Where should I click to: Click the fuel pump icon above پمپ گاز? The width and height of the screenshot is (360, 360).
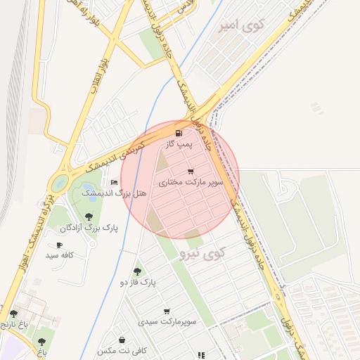(179, 133)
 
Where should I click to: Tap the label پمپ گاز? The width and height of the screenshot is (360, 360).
(179, 143)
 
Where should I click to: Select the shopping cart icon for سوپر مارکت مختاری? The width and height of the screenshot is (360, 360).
(191, 172)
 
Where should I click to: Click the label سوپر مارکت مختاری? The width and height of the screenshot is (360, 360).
(191, 182)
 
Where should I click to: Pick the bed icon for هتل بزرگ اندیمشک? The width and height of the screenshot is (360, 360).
(115, 182)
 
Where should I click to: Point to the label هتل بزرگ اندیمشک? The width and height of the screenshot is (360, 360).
(114, 193)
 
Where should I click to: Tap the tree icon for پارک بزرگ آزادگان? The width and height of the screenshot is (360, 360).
(89, 217)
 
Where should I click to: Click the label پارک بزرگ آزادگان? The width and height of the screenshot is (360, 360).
(89, 228)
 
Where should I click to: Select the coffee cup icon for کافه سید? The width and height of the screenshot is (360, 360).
(59, 245)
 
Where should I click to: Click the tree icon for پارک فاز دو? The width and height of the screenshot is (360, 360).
(137, 271)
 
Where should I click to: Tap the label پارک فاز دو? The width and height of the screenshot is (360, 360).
(137, 282)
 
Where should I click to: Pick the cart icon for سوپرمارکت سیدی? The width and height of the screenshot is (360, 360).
(167, 311)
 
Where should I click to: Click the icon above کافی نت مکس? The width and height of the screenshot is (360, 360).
(122, 340)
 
